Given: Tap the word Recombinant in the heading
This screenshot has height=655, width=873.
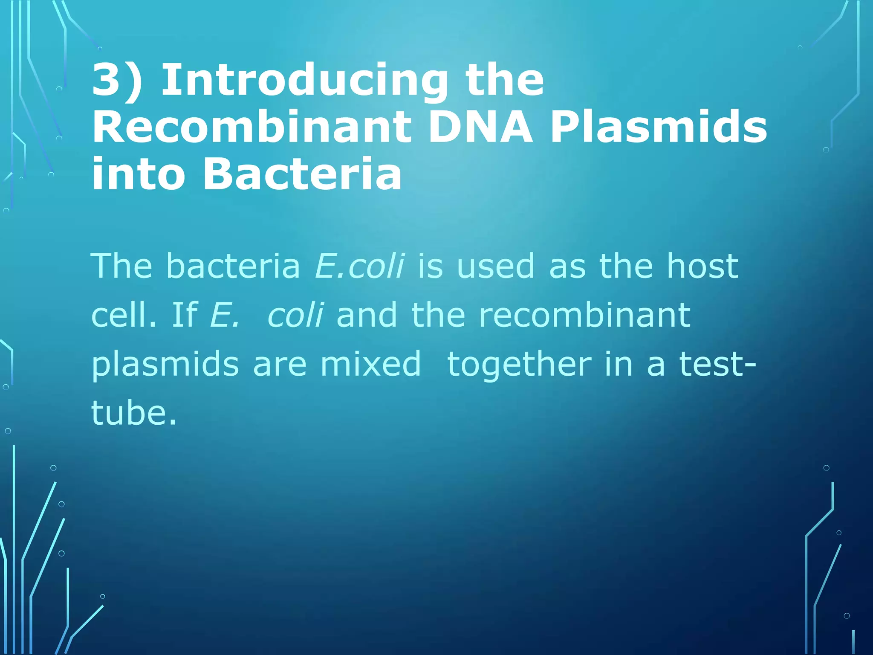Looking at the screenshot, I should tap(251, 127).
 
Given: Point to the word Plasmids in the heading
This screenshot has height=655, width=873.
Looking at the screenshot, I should tap(659, 127).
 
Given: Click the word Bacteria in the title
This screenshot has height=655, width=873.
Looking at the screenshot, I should tap(302, 174).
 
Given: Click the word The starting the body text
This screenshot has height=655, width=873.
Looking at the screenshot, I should tap(122, 266).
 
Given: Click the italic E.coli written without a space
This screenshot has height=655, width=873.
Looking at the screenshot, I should tap(359, 266).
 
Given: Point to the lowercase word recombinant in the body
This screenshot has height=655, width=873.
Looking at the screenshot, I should tap(584, 315).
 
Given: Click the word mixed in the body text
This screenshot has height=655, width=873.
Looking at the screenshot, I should tap(370, 364).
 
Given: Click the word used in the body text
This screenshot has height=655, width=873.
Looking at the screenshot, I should tap(495, 266).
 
